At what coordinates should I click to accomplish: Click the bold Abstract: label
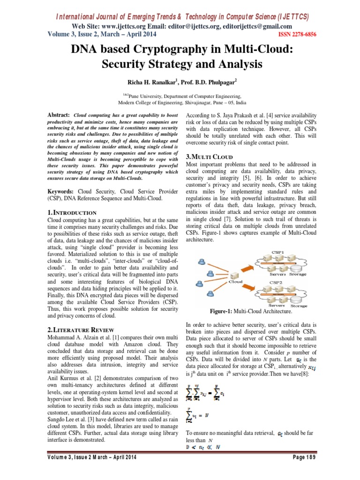pyautogui.click(x=59, y=115)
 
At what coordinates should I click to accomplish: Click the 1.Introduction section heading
pyautogui.click(x=73, y=212)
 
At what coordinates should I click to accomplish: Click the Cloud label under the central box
pyautogui.click(x=235, y=282)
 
